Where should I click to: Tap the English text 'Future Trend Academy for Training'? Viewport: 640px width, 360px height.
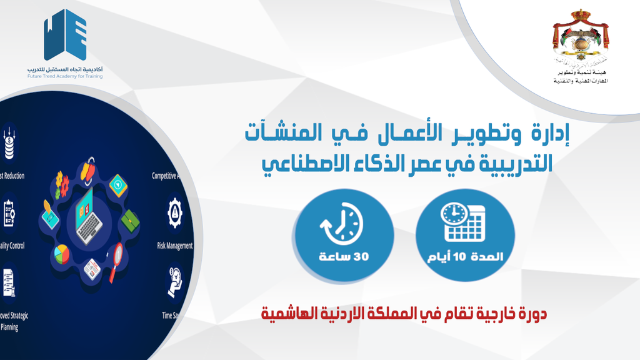coord(65,76)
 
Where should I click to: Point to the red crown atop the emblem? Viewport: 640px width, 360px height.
coord(581,13)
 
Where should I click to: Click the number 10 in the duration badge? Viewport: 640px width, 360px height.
coord(473,257)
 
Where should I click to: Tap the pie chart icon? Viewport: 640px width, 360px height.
coord(61,254)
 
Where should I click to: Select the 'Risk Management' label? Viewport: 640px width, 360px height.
coord(174,246)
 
